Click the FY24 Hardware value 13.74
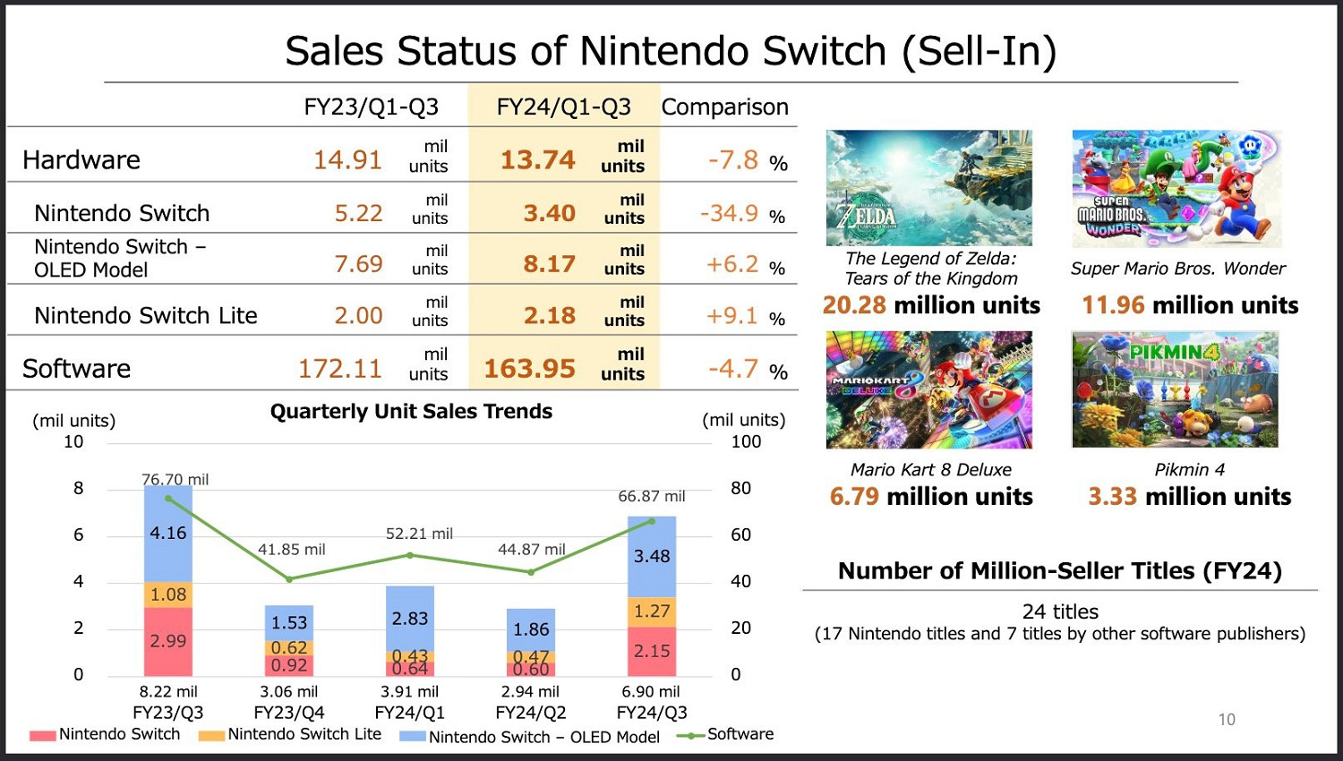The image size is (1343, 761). [x=537, y=159]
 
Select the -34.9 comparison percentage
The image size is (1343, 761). [x=730, y=214]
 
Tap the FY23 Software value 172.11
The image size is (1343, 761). [x=340, y=369]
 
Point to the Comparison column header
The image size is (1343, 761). [x=724, y=107]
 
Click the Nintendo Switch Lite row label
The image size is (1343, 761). [x=146, y=316]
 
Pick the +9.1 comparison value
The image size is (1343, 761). [x=732, y=316]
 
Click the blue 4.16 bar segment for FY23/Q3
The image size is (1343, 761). [x=168, y=534]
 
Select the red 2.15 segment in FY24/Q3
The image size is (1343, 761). [x=652, y=652]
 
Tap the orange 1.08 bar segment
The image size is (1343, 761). [x=168, y=594]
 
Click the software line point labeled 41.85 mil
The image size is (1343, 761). [x=289, y=579]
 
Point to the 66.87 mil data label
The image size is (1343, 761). [x=652, y=496]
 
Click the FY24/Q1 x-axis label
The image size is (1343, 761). [x=410, y=713]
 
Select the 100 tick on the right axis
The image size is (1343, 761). [x=746, y=441]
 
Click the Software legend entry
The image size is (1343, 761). [x=740, y=734]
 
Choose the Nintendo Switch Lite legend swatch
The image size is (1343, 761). [x=211, y=736]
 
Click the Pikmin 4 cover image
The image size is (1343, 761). [x=1175, y=389]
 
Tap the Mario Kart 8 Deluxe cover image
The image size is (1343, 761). [x=929, y=389]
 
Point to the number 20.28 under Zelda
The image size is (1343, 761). [x=854, y=305]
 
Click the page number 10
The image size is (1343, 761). [x=1227, y=720]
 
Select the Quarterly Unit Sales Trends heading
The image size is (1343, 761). [x=411, y=412]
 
